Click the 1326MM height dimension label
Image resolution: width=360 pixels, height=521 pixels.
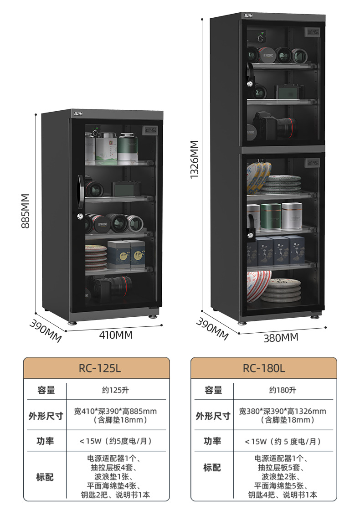point(195,160)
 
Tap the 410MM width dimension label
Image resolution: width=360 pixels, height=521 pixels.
point(116,335)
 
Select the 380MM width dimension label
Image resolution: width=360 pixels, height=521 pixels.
point(281,337)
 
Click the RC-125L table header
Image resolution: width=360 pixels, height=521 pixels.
point(97,368)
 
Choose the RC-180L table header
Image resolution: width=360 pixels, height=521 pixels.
point(263,368)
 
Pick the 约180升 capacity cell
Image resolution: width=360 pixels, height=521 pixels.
point(283,390)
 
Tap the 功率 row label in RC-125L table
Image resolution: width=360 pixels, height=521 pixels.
point(45,441)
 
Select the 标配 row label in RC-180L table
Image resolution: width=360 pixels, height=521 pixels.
point(212,468)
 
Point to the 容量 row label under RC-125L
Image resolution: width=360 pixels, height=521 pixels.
point(46,390)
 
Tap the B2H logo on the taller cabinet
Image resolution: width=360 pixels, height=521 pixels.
point(248,15)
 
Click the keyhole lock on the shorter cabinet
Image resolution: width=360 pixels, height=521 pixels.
point(81,217)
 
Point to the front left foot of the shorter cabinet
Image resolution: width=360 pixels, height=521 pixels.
point(72,320)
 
